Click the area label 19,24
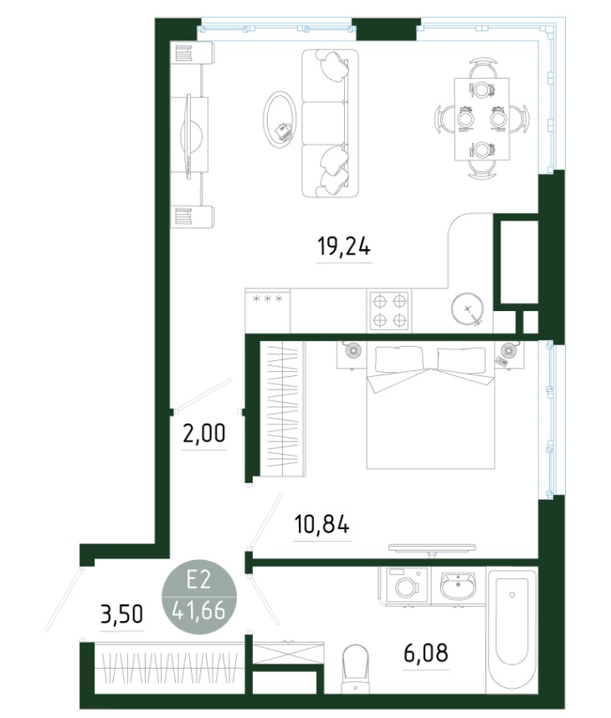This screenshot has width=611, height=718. (344, 247)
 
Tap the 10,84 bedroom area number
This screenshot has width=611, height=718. (321, 524)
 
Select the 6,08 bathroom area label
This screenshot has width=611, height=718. (426, 653)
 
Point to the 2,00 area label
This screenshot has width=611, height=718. (204, 433)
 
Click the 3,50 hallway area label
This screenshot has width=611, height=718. (121, 614)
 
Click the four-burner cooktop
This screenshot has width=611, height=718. (389, 310)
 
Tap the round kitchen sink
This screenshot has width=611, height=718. (468, 309)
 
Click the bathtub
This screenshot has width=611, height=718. (511, 631)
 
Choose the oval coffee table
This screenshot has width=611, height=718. (280, 119)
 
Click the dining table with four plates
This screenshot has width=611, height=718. (482, 120)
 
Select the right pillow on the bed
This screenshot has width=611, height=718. (461, 359)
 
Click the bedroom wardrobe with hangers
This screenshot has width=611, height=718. (282, 410)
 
